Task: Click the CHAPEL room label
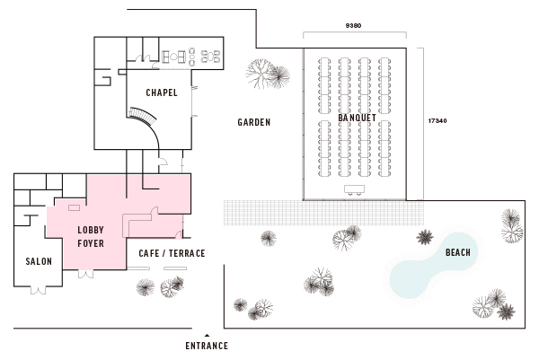(x=162, y=92)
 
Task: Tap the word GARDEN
(x=254, y=122)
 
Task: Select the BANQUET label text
(x=357, y=118)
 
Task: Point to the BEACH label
(x=457, y=253)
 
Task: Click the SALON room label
(x=39, y=261)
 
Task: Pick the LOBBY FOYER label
(x=92, y=235)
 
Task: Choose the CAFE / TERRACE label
(x=172, y=253)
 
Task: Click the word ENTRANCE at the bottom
(x=207, y=346)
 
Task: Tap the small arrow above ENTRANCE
(x=207, y=334)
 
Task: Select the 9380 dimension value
(x=354, y=27)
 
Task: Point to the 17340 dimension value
(x=437, y=120)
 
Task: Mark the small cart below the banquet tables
(x=354, y=189)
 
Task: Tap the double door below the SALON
(x=39, y=288)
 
